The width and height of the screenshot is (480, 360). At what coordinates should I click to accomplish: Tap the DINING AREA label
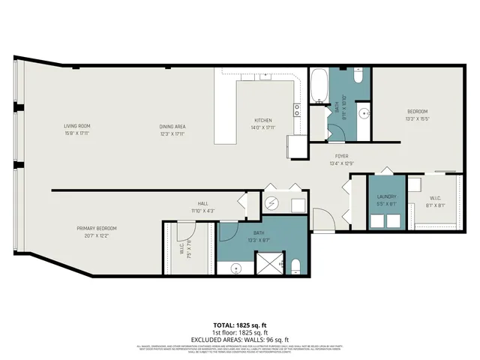pyautogui.click(x=172, y=126)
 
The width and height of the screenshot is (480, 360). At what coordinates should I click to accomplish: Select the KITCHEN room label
pyautogui.click(x=262, y=120)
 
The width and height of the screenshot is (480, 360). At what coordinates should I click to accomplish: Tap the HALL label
pyautogui.click(x=202, y=203)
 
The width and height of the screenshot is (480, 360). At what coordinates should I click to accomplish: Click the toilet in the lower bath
pyautogui.click(x=295, y=265)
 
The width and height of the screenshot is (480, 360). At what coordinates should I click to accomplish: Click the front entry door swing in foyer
pyautogui.click(x=324, y=221)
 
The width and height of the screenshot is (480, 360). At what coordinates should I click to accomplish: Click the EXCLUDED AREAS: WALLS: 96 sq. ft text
pyautogui.click(x=240, y=339)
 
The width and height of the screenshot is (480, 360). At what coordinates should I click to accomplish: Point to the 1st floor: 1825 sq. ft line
pyautogui.click(x=240, y=333)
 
